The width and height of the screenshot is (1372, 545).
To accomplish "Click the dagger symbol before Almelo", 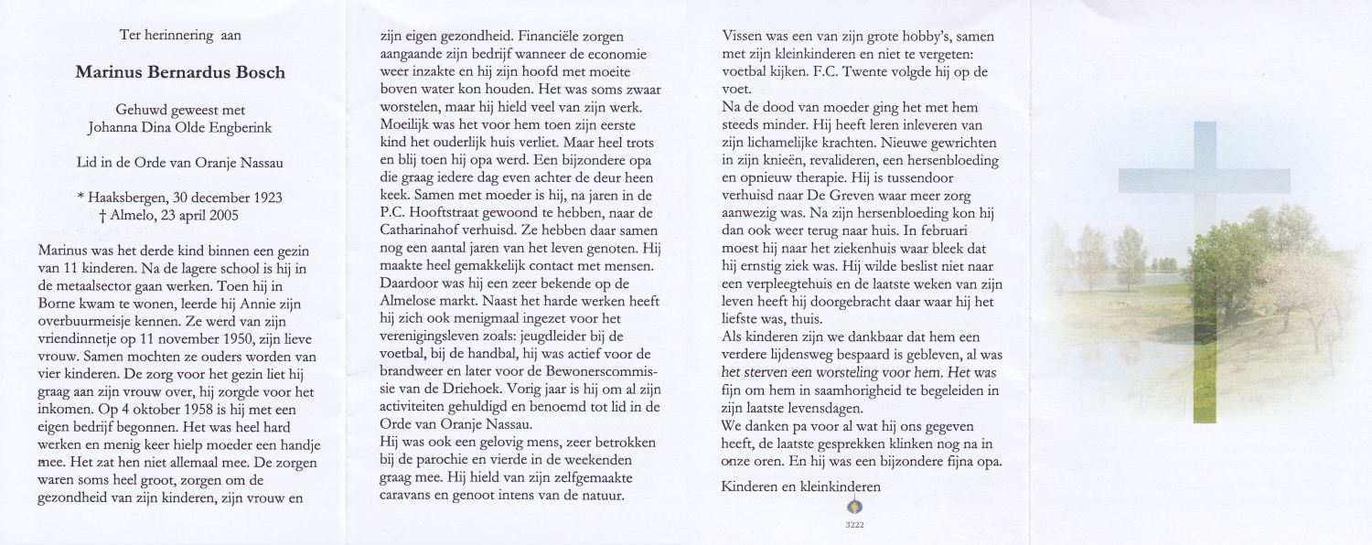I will (x=102, y=216).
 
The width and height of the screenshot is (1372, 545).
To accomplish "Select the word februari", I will (x=968, y=227).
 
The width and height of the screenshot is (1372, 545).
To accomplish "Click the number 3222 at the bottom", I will (x=855, y=526).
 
